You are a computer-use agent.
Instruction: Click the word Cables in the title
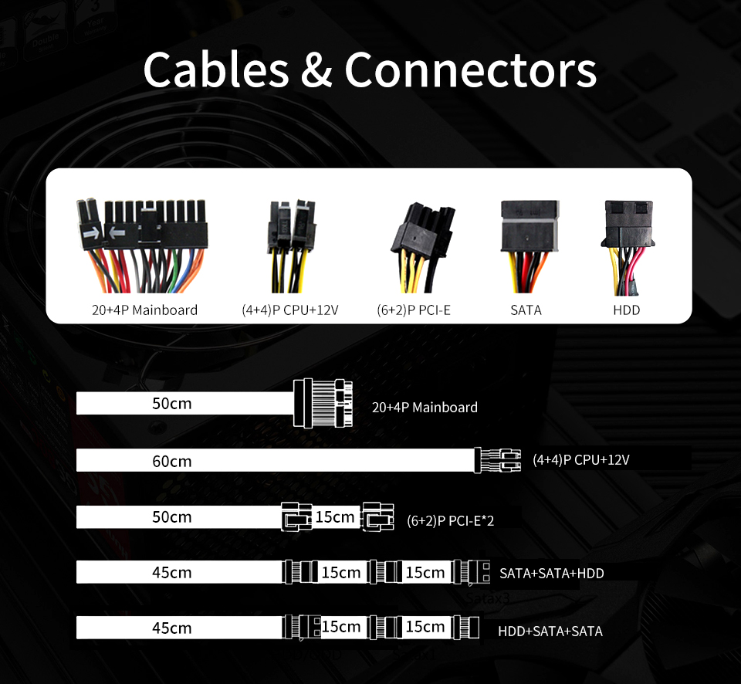click(x=215, y=69)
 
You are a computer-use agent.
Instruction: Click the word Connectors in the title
click(x=471, y=69)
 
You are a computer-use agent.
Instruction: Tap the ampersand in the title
click(x=316, y=69)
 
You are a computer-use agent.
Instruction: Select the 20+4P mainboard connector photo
click(x=142, y=245)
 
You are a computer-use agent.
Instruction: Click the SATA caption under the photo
click(x=526, y=310)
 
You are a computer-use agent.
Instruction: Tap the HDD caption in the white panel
click(x=626, y=310)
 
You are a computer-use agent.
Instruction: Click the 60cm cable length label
click(x=171, y=462)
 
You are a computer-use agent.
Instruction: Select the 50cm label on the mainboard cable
click(x=171, y=404)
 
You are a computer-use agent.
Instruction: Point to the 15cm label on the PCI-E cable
click(x=335, y=516)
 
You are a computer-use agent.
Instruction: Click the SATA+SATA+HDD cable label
click(x=551, y=573)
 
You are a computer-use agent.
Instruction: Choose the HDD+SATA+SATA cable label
click(x=550, y=631)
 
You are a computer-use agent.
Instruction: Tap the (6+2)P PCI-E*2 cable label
click(x=450, y=520)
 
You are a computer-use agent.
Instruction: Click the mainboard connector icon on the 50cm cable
click(x=322, y=404)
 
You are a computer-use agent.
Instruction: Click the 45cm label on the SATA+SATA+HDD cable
click(x=171, y=573)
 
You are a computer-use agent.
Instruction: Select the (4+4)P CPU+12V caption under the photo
click(x=290, y=310)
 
